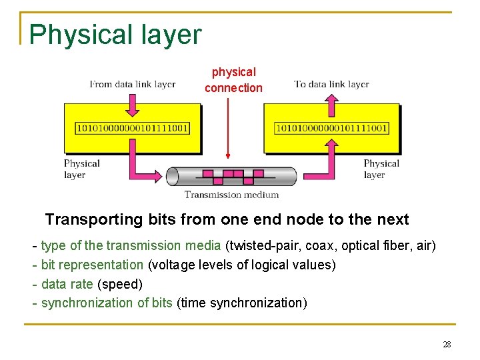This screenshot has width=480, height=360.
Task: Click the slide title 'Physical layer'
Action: (115, 35)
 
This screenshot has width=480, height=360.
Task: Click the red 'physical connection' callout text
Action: (233, 80)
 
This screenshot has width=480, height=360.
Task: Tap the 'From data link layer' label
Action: (133, 84)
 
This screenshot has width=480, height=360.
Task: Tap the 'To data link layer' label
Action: (331, 84)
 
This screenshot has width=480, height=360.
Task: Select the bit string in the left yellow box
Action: (133, 127)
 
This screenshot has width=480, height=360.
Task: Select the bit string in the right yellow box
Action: (331, 127)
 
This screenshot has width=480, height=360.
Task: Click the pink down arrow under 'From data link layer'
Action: (133, 104)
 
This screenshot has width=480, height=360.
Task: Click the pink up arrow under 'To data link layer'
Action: (331, 104)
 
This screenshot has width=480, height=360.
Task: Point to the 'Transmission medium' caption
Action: (231, 195)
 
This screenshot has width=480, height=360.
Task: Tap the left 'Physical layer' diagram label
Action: (81, 169)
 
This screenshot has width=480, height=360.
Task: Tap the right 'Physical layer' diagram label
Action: (381, 169)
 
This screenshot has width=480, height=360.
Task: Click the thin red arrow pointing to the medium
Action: (228, 127)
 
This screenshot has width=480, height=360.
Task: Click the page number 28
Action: (447, 344)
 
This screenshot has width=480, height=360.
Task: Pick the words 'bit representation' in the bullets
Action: (92, 265)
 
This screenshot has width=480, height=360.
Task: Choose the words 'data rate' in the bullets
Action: (67, 284)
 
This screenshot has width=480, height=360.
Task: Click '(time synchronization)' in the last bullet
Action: (242, 303)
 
